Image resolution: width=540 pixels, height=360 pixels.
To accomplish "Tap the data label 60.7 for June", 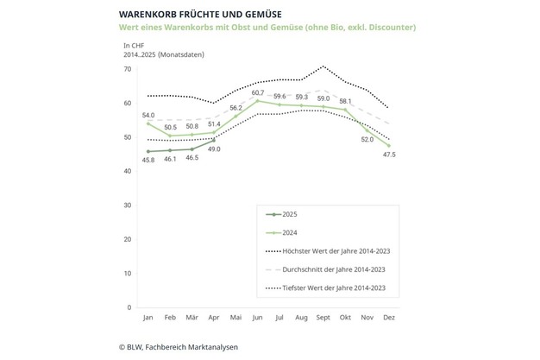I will pyautogui.click(x=258, y=92).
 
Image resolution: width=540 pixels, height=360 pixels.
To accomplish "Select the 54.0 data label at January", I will pyautogui.click(x=148, y=115).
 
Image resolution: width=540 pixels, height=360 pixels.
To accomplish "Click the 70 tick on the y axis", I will pyautogui.click(x=128, y=69).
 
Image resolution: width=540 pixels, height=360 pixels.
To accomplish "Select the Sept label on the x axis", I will pyautogui.click(x=324, y=318).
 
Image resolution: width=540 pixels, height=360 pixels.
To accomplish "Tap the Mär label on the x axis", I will pyautogui.click(x=192, y=318).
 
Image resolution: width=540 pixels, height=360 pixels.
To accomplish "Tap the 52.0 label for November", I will pyautogui.click(x=367, y=140).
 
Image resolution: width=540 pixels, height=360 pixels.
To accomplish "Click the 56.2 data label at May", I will pyautogui.click(x=235, y=108).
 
